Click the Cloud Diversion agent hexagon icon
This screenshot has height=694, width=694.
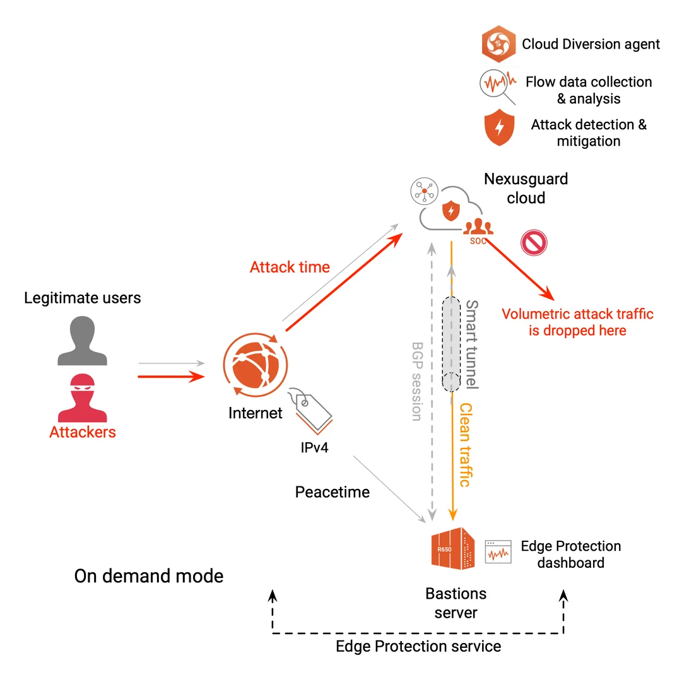[499, 44]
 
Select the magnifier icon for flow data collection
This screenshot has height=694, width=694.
[497, 85]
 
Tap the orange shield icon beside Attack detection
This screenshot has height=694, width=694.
[500, 127]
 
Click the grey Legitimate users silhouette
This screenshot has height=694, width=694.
[83, 341]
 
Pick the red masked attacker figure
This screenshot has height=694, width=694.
[83, 397]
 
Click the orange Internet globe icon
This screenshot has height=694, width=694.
[255, 366]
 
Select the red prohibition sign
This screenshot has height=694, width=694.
[534, 242]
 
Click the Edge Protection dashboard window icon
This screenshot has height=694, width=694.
[498, 551]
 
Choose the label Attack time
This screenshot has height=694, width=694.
[290, 268]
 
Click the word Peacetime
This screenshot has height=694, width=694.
[332, 492]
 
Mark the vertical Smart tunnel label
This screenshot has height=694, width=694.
[472, 344]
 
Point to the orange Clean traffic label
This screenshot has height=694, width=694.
[465, 445]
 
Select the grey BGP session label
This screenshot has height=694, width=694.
[416, 381]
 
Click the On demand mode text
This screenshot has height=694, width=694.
[149, 576]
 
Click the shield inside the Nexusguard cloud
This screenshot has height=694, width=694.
[450, 210]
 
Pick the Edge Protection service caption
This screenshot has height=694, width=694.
[418, 646]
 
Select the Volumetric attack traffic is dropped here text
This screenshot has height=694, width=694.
[577, 322]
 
